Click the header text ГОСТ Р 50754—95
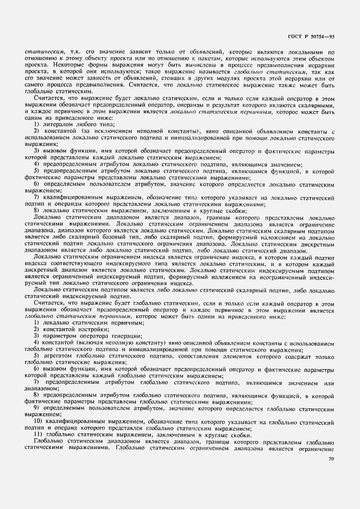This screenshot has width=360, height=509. click(x=312, y=37)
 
